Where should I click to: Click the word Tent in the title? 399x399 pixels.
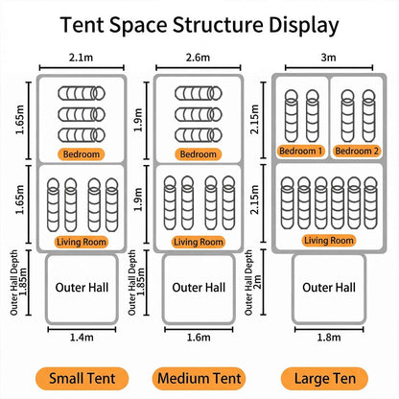82,25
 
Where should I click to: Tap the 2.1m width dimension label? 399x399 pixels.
81,58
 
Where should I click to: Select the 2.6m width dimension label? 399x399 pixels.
198,58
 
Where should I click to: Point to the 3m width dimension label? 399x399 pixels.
328,58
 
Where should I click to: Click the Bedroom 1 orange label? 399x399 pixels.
301,151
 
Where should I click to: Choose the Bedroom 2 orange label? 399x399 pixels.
357,151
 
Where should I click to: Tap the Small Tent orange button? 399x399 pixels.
82,379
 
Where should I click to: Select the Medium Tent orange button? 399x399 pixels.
199,379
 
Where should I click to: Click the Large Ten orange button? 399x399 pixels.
324,379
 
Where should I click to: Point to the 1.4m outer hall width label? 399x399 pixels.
82,338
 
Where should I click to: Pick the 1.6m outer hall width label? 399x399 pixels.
199,338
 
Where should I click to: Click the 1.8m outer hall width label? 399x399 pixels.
329,338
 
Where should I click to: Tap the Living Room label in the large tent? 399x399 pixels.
329,241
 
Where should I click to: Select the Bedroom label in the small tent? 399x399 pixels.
82,154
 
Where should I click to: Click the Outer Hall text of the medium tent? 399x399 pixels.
199,288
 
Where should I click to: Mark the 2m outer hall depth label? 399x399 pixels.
258,282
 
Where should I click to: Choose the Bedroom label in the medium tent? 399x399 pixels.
199,154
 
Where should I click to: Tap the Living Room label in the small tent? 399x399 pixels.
82,242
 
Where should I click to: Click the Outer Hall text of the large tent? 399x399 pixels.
329,288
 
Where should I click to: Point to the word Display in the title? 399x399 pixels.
303,26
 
